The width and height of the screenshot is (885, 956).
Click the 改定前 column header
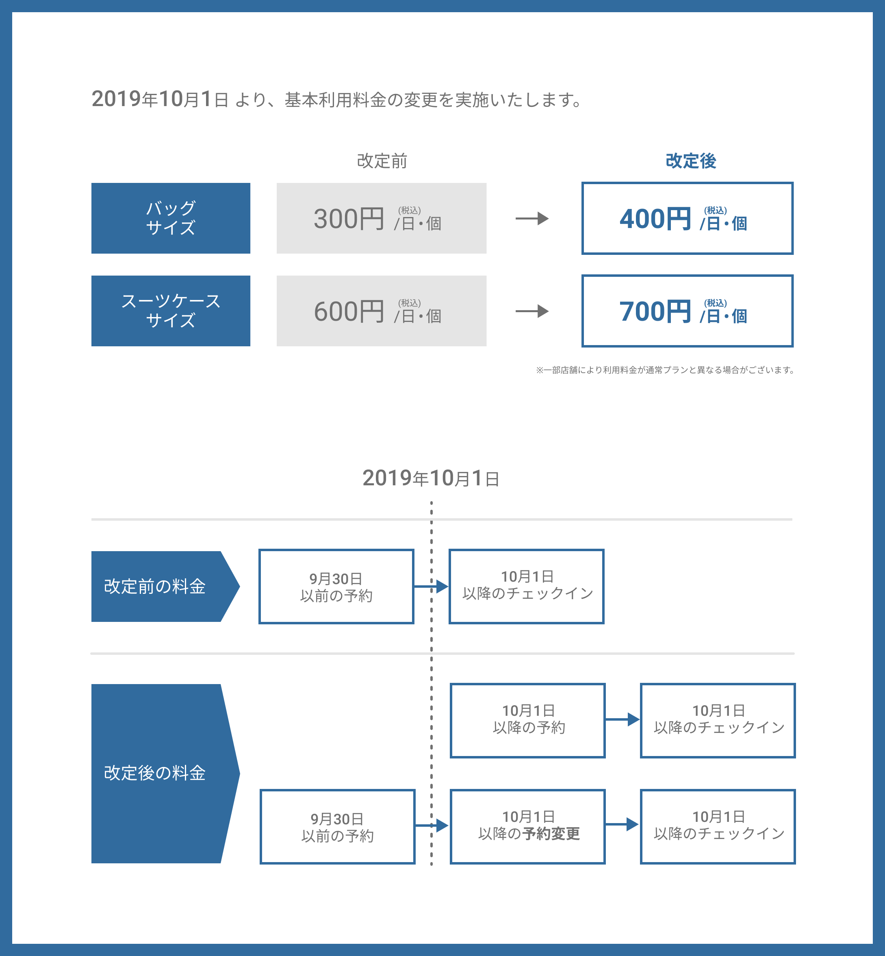tap(382, 161)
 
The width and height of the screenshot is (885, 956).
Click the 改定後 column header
tap(691, 161)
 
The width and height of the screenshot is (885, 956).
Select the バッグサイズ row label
tap(171, 218)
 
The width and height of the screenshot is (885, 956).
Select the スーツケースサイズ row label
tap(171, 311)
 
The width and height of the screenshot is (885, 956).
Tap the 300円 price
tap(349, 219)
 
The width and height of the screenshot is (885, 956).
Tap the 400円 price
tap(655, 219)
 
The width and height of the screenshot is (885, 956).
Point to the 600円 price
tap(349, 311)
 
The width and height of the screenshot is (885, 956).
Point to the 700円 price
tap(655, 311)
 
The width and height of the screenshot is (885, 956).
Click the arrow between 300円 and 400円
tap(532, 219)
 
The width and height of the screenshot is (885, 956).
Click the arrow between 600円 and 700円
tap(532, 311)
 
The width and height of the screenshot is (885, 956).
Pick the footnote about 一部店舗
tap(665, 370)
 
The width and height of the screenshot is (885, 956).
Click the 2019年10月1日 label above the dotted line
tap(431, 478)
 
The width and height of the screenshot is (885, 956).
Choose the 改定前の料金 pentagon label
tap(165, 586)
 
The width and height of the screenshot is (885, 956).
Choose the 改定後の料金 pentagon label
tap(165, 773)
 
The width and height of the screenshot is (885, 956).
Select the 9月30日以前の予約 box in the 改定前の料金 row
tap(336, 586)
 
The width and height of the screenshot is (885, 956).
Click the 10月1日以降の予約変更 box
tap(528, 827)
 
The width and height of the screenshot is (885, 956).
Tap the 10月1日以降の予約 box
tap(528, 720)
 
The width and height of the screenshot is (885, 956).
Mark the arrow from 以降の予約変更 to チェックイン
tap(622, 824)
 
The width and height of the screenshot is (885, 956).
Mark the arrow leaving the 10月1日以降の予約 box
tap(623, 719)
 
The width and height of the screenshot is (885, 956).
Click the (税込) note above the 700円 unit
tap(716, 303)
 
